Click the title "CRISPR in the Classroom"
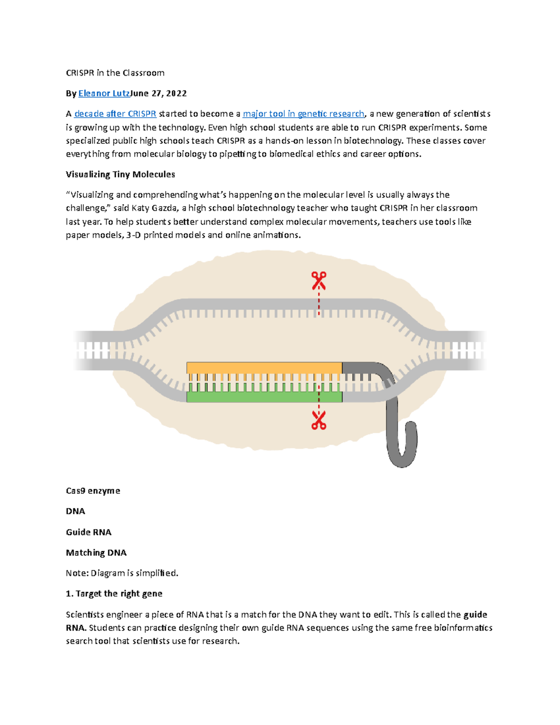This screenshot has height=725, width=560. click(115, 73)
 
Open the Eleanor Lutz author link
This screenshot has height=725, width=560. click(104, 93)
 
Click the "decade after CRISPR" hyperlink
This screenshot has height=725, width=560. click(115, 114)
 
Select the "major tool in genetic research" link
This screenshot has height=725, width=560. click(303, 114)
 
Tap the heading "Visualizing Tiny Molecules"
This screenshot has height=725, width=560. click(120, 175)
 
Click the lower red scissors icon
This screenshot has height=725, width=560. click(319, 420)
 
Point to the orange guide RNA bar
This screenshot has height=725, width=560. click(264, 367)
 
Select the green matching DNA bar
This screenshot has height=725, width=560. click(264, 397)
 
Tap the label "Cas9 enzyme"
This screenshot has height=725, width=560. click(93, 491)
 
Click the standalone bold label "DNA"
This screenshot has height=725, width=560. click(75, 511)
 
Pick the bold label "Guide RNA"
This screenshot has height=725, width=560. click(89, 532)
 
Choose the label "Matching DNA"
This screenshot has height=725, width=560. click(96, 553)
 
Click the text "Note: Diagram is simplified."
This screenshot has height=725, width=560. click(122, 573)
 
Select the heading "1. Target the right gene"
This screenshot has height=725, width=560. click(114, 594)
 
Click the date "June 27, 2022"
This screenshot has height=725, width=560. click(159, 93)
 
